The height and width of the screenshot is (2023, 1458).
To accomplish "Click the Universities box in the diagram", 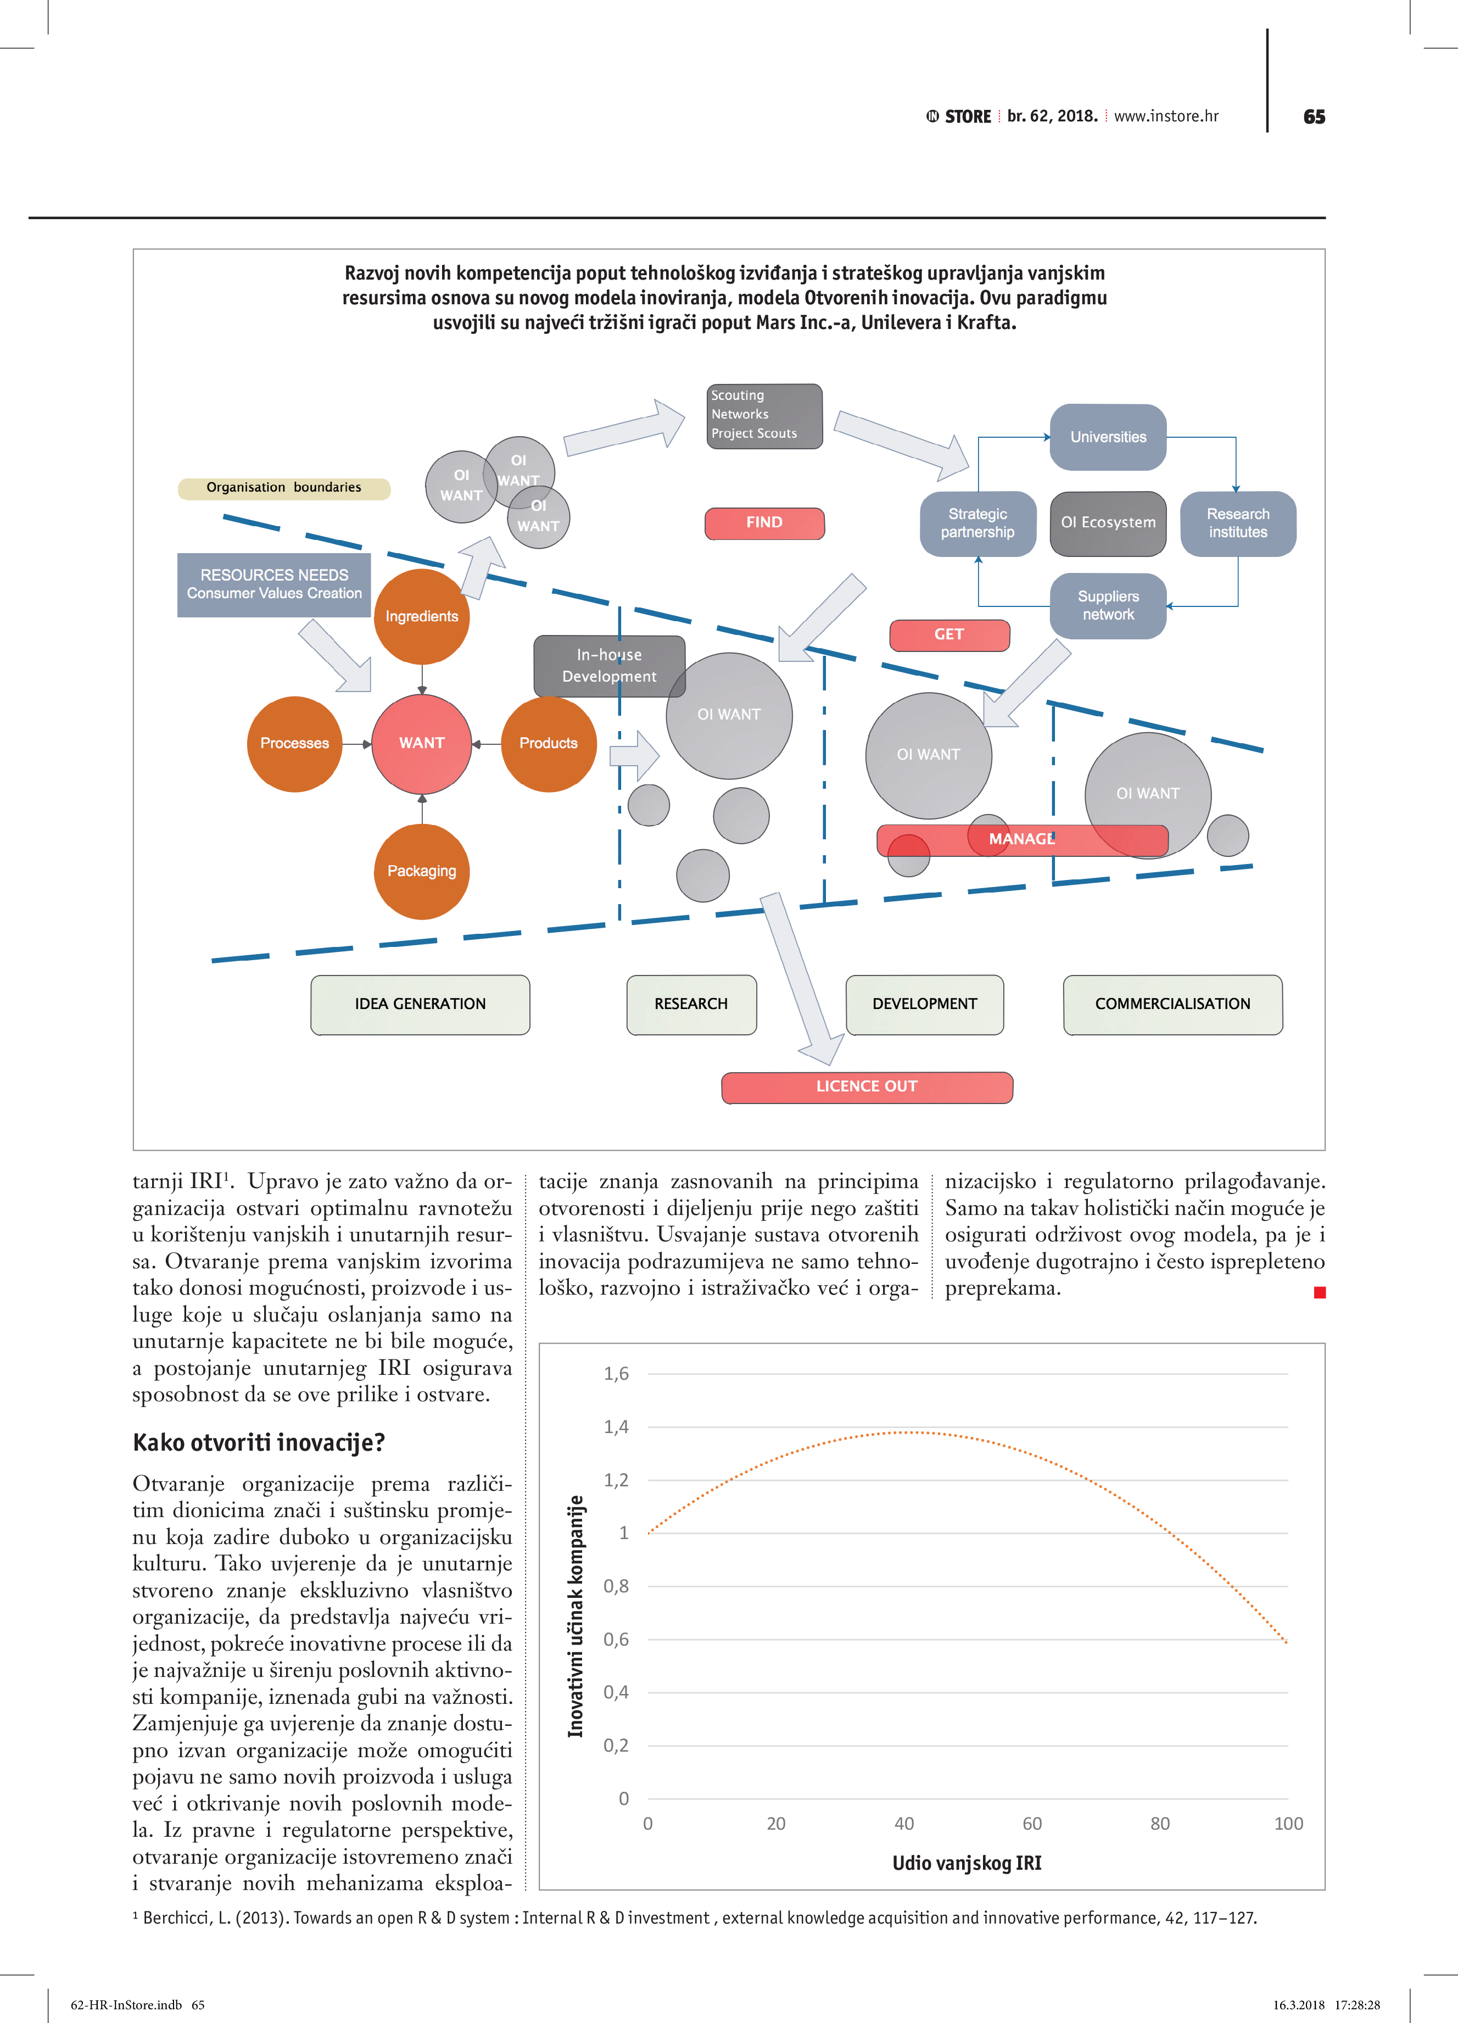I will point(1108,437).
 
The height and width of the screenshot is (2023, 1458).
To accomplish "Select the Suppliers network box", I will point(1108,606).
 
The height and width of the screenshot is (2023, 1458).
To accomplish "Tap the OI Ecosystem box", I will point(1108,523).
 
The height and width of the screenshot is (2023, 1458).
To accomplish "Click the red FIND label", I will point(764,523).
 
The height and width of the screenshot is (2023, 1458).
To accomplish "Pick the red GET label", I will point(949,634).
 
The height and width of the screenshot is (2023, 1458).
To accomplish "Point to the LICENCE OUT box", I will point(866,1086).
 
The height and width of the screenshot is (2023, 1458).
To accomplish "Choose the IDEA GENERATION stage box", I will point(420,1005).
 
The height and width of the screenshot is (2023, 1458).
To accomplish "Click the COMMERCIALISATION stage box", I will point(1172,1005).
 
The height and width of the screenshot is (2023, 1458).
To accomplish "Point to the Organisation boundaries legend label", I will point(283,488).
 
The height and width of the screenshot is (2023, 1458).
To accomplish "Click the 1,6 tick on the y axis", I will point(616,1374).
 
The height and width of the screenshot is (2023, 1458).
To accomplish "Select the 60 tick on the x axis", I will point(1032,1824).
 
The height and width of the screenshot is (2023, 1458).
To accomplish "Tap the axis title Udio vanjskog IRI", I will point(967,1863).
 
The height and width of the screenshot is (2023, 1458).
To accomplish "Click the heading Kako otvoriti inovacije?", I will point(259,1442).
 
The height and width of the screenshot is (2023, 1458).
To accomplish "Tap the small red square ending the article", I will point(1320,1292).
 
